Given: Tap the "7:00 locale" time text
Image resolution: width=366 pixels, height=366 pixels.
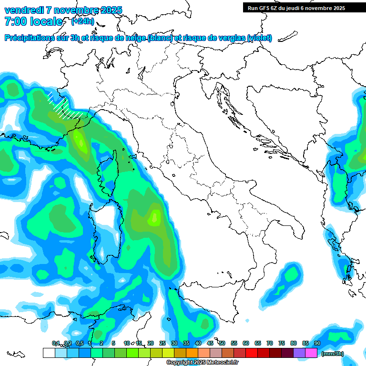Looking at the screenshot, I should pos(33,21).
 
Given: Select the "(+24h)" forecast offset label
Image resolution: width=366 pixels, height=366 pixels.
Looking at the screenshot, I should pos(82,21).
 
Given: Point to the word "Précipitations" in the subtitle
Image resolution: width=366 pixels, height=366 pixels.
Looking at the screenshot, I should pos(33,38).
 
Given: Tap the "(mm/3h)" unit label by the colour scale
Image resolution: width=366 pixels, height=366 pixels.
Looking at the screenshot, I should pos(332,354).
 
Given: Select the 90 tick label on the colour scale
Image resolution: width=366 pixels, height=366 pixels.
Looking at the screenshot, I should pos(317,343).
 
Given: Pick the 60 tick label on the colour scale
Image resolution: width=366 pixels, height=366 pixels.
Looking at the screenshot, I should pos(246,343).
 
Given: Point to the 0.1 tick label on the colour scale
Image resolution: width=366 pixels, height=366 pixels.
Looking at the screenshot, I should pos(56,343).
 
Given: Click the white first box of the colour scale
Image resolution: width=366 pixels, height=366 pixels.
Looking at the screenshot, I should pos(49,353).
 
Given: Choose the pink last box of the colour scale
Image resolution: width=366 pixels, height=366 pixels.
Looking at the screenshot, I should pos(311,353).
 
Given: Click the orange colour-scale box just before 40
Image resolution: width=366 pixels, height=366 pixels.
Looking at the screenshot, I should pos(192,353).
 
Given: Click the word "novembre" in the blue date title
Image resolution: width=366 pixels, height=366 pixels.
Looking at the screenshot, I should pos(78,10).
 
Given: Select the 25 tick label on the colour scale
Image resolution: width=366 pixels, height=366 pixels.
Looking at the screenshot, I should pos(163,343).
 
